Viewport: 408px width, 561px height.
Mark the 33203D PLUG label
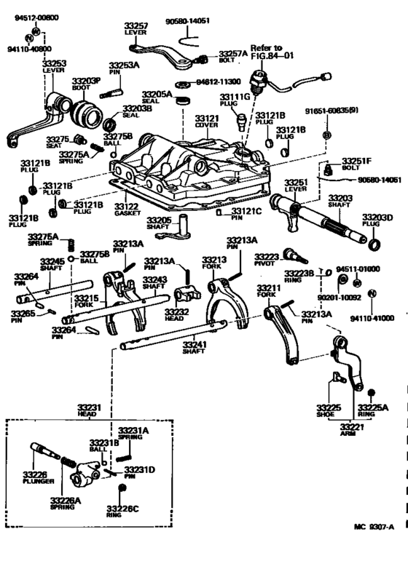(378, 220)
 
